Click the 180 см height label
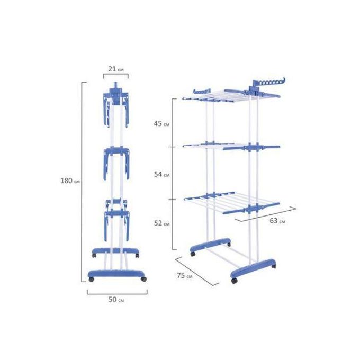(x=70, y=181)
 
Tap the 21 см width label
(x=116, y=69)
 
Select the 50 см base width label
(x=116, y=300)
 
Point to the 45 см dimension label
(x=161, y=124)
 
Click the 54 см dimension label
(x=161, y=175)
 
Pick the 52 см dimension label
(x=161, y=223)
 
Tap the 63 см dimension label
(x=277, y=221)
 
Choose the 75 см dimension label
(x=185, y=275)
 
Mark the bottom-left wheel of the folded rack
(x=92, y=280)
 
